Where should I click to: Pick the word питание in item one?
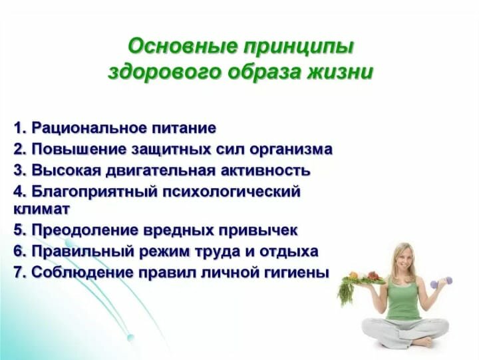(184, 128)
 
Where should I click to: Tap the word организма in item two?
(291, 150)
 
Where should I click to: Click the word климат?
(42, 210)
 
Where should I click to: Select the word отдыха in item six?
(289, 252)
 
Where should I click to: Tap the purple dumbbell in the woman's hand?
(441, 282)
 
